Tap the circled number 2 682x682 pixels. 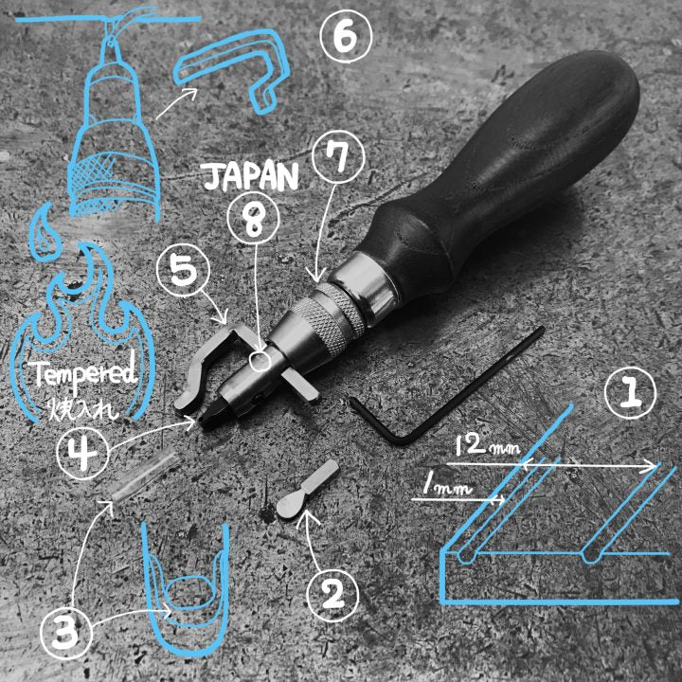tap(332, 594)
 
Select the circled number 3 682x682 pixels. tap(65, 633)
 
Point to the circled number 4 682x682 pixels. tap(83, 453)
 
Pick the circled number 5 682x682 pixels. tap(183, 271)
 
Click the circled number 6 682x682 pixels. tap(346, 37)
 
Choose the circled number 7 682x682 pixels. tap(339, 157)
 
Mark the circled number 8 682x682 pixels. tap(254, 219)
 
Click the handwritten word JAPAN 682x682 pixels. tap(250, 177)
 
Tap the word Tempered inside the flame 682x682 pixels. tap(85, 374)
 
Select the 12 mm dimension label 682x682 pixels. tap(488, 445)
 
